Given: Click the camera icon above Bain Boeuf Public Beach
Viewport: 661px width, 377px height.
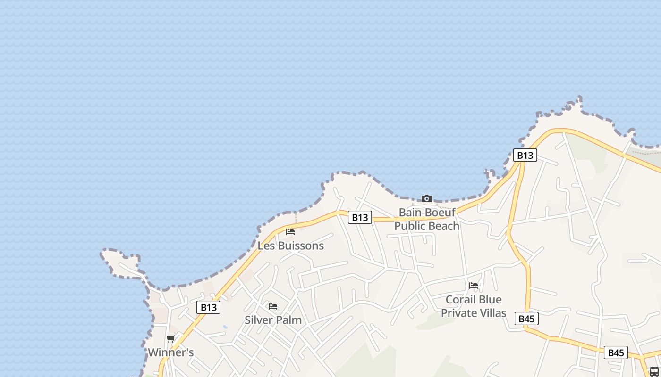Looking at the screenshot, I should [x=426, y=199].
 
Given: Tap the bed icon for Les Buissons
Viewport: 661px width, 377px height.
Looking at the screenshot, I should [x=290, y=232].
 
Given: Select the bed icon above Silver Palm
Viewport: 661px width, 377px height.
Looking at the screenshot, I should [x=273, y=306].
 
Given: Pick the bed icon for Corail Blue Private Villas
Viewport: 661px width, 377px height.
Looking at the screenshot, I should [x=474, y=286].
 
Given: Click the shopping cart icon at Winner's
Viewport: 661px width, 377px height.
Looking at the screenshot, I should [x=170, y=339].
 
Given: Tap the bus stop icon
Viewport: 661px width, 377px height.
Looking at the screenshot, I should [x=654, y=371].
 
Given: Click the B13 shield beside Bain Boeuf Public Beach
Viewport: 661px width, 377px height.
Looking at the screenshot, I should [x=360, y=217].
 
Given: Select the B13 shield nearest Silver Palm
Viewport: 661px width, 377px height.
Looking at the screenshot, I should [x=208, y=308].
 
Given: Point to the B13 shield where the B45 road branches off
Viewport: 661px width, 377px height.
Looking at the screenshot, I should [x=525, y=155].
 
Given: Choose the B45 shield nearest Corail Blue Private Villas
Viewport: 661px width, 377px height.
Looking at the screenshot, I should [x=526, y=319].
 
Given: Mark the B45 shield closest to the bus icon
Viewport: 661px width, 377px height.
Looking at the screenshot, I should [x=616, y=352].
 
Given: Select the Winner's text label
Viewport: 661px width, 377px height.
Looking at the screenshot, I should [x=170, y=352].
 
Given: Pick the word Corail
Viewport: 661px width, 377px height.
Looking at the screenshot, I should [x=461, y=300].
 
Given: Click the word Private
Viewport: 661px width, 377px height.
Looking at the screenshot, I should [x=457, y=313].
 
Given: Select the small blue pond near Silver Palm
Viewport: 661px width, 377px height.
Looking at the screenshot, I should [x=225, y=327].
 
